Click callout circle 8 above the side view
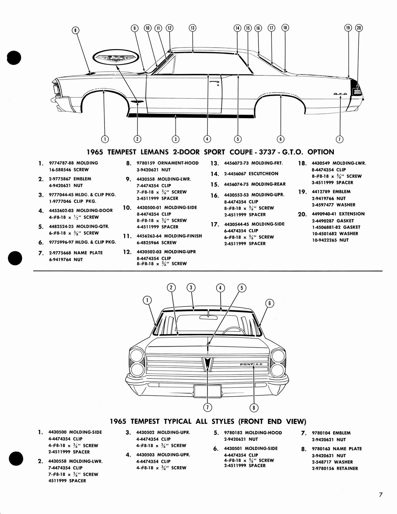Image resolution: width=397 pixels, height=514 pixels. point(75,30)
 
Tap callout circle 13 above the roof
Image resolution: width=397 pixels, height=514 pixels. point(192,28)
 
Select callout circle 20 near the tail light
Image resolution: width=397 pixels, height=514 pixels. point(359,28)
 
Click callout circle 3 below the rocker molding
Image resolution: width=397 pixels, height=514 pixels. point(175,139)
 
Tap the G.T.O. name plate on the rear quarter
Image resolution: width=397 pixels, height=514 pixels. point(340,94)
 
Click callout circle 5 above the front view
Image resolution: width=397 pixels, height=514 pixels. point(242,288)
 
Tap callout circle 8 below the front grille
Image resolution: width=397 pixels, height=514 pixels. point(254,408)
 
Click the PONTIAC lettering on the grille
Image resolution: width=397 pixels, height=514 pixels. point(251,364)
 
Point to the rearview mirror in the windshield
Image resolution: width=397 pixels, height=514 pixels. point(208,317)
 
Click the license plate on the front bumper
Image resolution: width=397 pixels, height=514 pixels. point(207,391)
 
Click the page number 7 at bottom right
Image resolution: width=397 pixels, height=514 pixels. point(381,495)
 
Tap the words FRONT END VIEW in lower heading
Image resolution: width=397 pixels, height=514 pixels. point(274,421)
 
